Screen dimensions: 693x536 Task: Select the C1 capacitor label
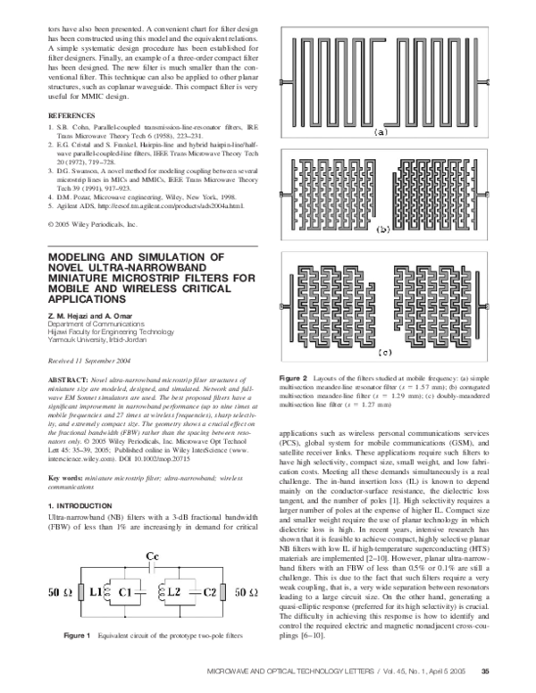pos(137,593)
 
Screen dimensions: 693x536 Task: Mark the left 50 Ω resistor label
pos(58,593)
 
